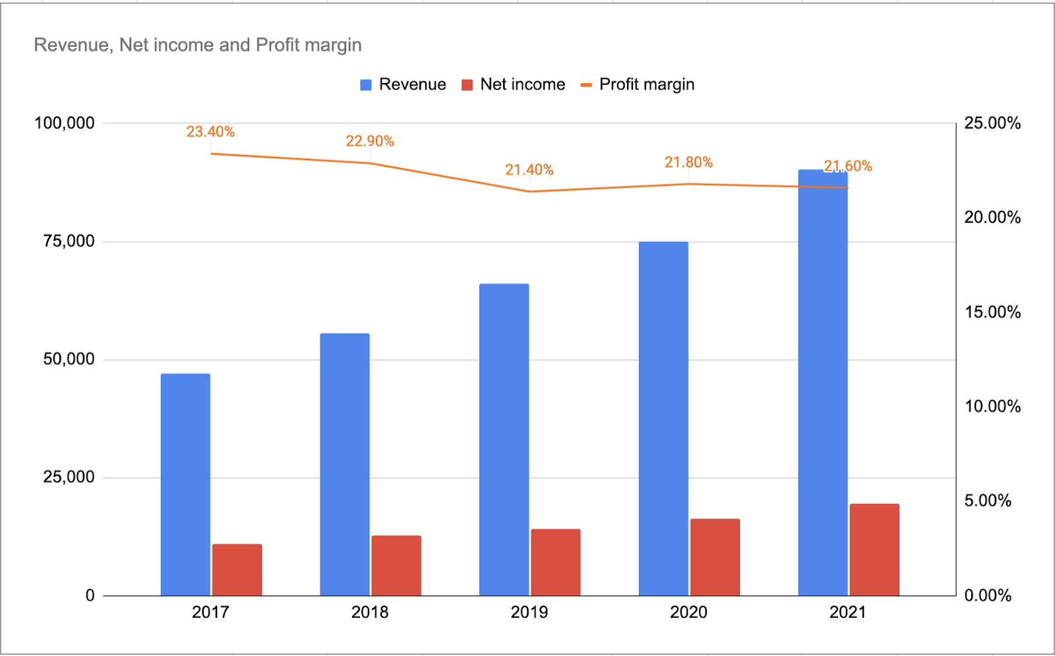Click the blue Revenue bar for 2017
click(x=185, y=485)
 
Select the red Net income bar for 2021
click(x=874, y=550)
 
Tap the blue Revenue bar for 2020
click(x=663, y=419)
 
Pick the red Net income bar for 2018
click(x=396, y=566)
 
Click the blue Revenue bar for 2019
click(x=504, y=440)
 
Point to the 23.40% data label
click(x=210, y=132)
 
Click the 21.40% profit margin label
click(x=529, y=170)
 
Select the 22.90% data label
click(x=369, y=141)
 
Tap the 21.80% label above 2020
click(x=688, y=162)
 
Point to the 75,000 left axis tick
click(x=69, y=241)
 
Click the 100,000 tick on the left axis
click(x=64, y=123)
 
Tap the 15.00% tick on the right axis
click(x=992, y=312)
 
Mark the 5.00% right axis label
click(x=988, y=501)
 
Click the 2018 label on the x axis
click(x=369, y=612)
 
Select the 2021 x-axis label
click(x=847, y=612)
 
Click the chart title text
click(x=198, y=45)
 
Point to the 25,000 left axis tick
click(x=69, y=477)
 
